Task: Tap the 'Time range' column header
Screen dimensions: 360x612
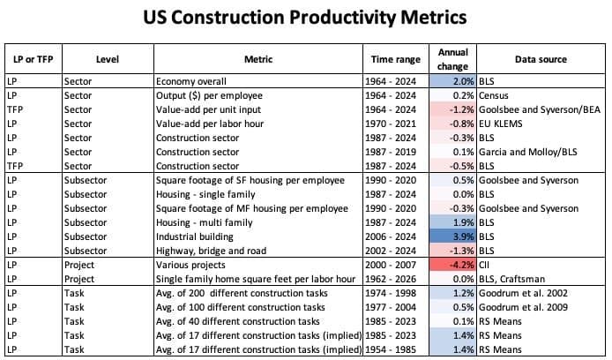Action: coord(393,59)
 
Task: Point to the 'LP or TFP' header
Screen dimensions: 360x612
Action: coord(32,59)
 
